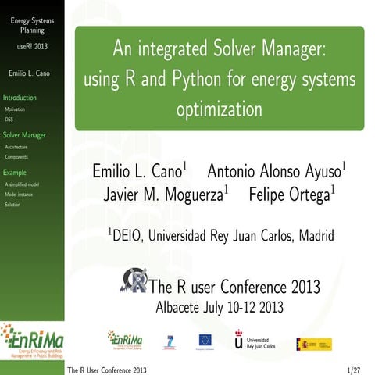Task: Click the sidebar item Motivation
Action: (x=14, y=110)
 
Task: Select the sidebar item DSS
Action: (x=9, y=120)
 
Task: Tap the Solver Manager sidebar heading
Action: (x=24, y=135)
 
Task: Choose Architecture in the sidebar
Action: (x=16, y=147)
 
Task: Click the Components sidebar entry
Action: (x=16, y=157)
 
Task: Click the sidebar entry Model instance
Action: (x=19, y=194)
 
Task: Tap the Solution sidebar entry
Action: (x=12, y=204)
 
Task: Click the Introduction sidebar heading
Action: (x=20, y=98)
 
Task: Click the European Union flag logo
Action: (x=205, y=339)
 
